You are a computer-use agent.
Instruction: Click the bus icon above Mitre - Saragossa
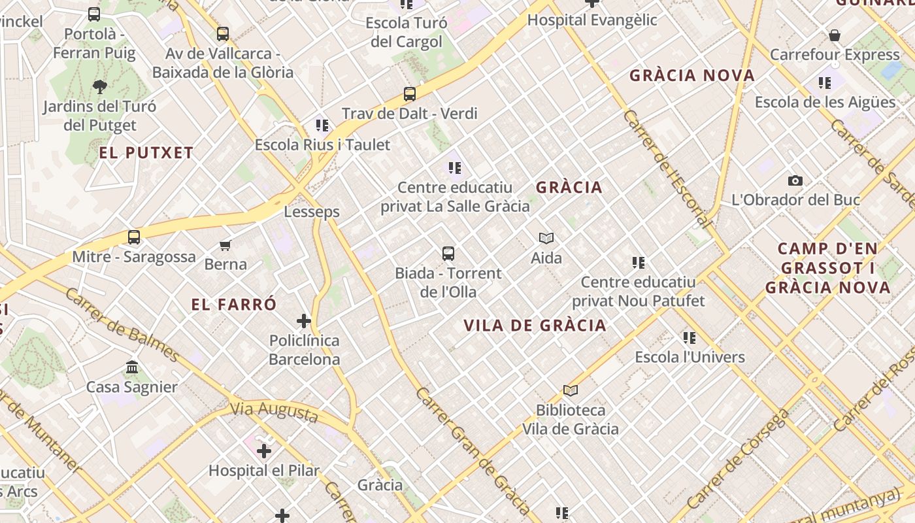click(x=134, y=237)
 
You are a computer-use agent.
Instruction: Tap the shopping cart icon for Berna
click(x=225, y=245)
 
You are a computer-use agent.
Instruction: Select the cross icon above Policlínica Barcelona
click(x=304, y=321)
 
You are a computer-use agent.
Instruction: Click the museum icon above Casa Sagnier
click(x=132, y=367)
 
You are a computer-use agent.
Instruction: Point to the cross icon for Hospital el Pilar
click(x=264, y=451)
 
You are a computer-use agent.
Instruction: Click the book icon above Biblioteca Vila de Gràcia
click(x=571, y=390)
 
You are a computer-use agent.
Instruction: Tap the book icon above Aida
click(x=546, y=238)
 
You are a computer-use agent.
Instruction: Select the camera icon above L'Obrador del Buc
click(x=795, y=181)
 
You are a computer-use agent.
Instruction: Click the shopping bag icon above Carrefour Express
click(x=835, y=35)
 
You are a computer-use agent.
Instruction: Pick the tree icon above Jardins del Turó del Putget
click(x=100, y=86)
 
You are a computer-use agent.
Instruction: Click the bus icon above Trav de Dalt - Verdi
click(x=410, y=94)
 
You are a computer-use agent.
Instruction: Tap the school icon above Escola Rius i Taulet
click(x=322, y=125)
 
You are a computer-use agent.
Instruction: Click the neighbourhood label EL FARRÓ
click(x=234, y=305)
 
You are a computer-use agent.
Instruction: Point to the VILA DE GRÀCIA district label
click(x=535, y=326)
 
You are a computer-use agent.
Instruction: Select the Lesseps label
click(x=312, y=212)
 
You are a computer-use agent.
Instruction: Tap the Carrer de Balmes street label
click(x=122, y=324)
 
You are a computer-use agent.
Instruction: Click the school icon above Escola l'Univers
click(x=690, y=338)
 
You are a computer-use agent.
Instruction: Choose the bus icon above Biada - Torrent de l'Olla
click(x=448, y=254)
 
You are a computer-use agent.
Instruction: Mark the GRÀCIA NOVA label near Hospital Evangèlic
click(x=692, y=76)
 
